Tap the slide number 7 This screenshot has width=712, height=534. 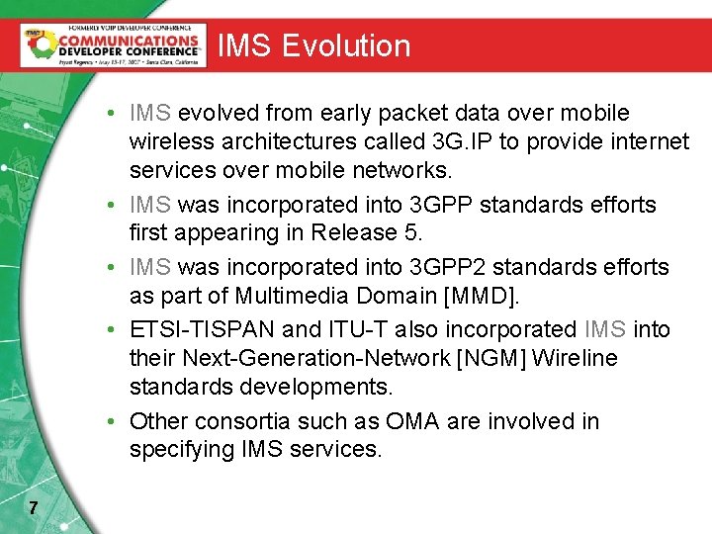(34, 508)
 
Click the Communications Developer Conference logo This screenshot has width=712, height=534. (113, 44)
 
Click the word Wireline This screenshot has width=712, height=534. (574, 358)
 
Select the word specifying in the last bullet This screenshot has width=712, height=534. (181, 450)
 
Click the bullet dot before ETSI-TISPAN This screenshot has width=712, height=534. (115, 329)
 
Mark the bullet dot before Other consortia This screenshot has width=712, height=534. (115, 421)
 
